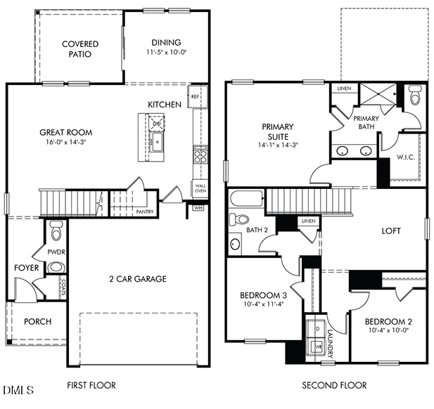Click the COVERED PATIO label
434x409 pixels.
pos(79,49)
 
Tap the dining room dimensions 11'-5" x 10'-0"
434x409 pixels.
pos(166,53)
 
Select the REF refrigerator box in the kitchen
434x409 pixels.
pos(195,96)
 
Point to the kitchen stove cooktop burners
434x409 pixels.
pos(200,154)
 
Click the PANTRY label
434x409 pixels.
pos(145,212)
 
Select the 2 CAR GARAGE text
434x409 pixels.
pos(137,279)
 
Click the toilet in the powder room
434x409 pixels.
pos(56,229)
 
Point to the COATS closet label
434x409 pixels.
pos(63,285)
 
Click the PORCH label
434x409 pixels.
pos(38,322)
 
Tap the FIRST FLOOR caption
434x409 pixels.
pos(91,385)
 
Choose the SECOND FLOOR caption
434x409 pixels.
pos(334,385)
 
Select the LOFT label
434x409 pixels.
pos(392,231)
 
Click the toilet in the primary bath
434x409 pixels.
pos(415,96)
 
